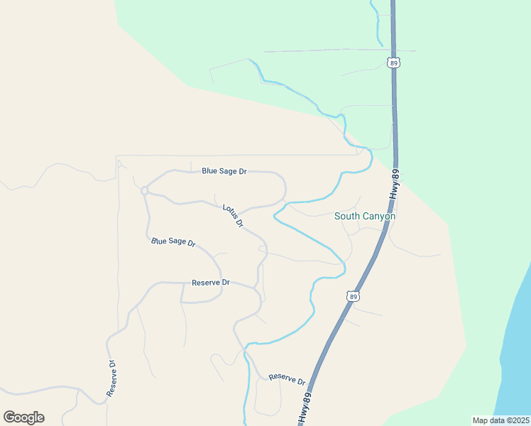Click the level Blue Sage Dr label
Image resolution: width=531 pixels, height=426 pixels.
pyautogui.click(x=224, y=171)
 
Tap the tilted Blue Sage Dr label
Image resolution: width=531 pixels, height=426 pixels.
pyautogui.click(x=173, y=242)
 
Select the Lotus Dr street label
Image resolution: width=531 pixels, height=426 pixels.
pyautogui.click(x=234, y=216)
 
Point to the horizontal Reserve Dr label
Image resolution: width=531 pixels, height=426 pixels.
pyautogui.click(x=211, y=283)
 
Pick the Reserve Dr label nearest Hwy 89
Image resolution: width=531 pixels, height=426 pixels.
pyautogui.click(x=286, y=378)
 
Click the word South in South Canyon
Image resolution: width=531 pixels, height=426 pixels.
pyautogui.click(x=349, y=216)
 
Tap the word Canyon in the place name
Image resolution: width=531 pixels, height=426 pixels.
pyautogui.click(x=380, y=216)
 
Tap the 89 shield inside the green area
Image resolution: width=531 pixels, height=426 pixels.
pyautogui.click(x=395, y=62)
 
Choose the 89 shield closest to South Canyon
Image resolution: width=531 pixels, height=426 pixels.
pyautogui.click(x=353, y=296)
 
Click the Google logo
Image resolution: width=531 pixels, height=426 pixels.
pyautogui.click(x=23, y=417)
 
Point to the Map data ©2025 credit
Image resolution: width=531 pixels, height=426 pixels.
pyautogui.click(x=500, y=420)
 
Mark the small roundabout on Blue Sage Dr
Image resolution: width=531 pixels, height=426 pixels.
pyautogui.click(x=144, y=190)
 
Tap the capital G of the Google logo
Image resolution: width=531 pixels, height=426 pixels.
pyautogui.click(x=9, y=417)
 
